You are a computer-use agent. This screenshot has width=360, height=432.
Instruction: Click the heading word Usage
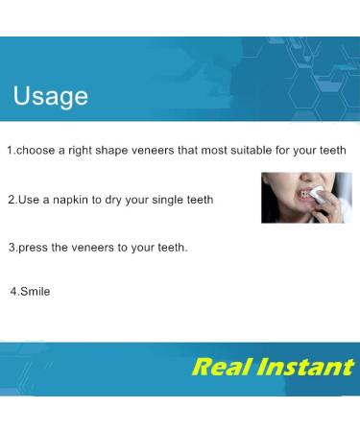(x=50, y=96)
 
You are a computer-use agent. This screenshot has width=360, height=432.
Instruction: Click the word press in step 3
(x=35, y=248)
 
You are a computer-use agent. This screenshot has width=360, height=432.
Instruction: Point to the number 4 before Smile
(x=12, y=291)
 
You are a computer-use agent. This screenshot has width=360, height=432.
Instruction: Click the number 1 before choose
(x=10, y=151)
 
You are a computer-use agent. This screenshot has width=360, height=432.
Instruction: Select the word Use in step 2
(x=30, y=200)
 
